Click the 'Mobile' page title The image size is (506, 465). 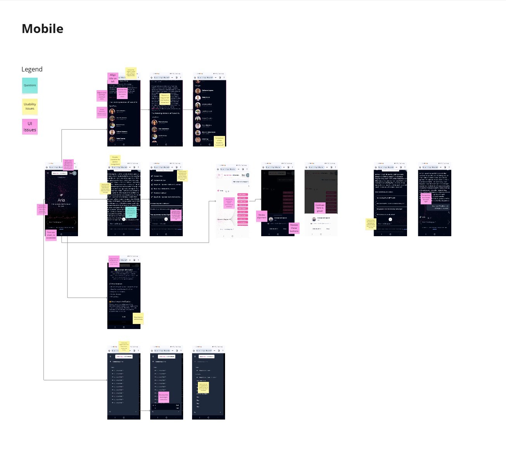(x=42, y=29)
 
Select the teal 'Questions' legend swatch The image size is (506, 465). (x=30, y=85)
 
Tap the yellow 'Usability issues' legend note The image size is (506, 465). (x=30, y=106)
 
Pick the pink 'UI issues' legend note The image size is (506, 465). (x=30, y=127)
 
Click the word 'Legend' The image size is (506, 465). (x=32, y=69)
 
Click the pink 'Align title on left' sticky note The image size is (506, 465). (x=113, y=78)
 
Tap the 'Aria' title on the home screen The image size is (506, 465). (x=61, y=200)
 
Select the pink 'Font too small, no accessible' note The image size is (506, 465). (x=51, y=235)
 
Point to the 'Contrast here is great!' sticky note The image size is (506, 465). (x=320, y=208)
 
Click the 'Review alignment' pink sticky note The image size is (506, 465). (x=262, y=216)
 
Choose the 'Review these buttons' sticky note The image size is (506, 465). (x=294, y=228)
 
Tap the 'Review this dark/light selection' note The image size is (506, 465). (x=163, y=397)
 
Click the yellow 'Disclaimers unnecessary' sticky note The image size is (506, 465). (x=138, y=318)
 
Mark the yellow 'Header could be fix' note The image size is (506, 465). (x=115, y=160)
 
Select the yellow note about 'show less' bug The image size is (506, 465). (x=165, y=99)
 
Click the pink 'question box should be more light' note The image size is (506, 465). (x=426, y=199)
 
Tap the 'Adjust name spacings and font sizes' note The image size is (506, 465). (x=102, y=96)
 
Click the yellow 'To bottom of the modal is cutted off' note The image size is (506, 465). (x=219, y=141)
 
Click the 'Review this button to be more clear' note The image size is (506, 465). (x=122, y=94)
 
